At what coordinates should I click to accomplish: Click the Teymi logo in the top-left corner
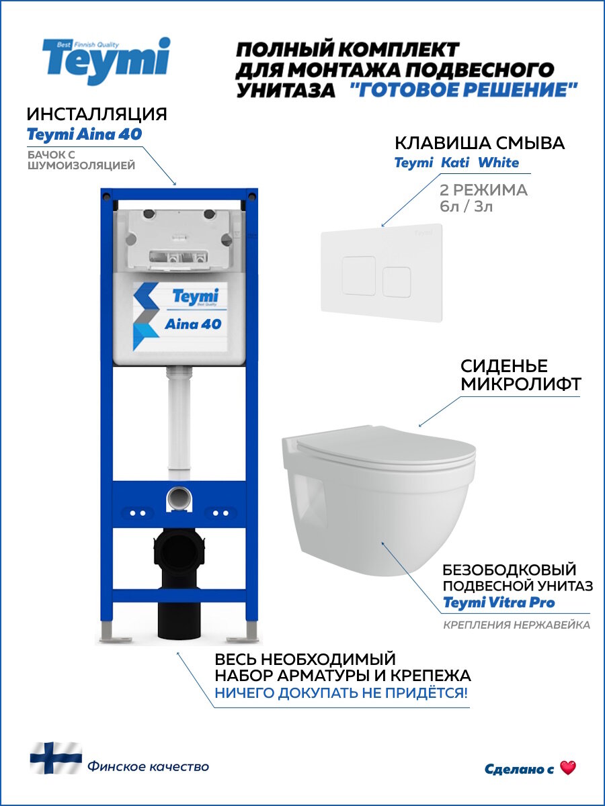106,61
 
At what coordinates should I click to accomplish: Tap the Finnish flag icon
55,758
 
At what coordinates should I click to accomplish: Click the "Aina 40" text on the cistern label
193,324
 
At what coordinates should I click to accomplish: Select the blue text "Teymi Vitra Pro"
499,602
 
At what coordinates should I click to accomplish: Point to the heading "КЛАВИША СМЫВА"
479,143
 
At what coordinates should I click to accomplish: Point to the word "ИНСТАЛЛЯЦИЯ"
97,114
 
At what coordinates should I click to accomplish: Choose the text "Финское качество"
148,766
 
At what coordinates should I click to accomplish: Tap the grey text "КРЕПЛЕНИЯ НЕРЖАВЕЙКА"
516,625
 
